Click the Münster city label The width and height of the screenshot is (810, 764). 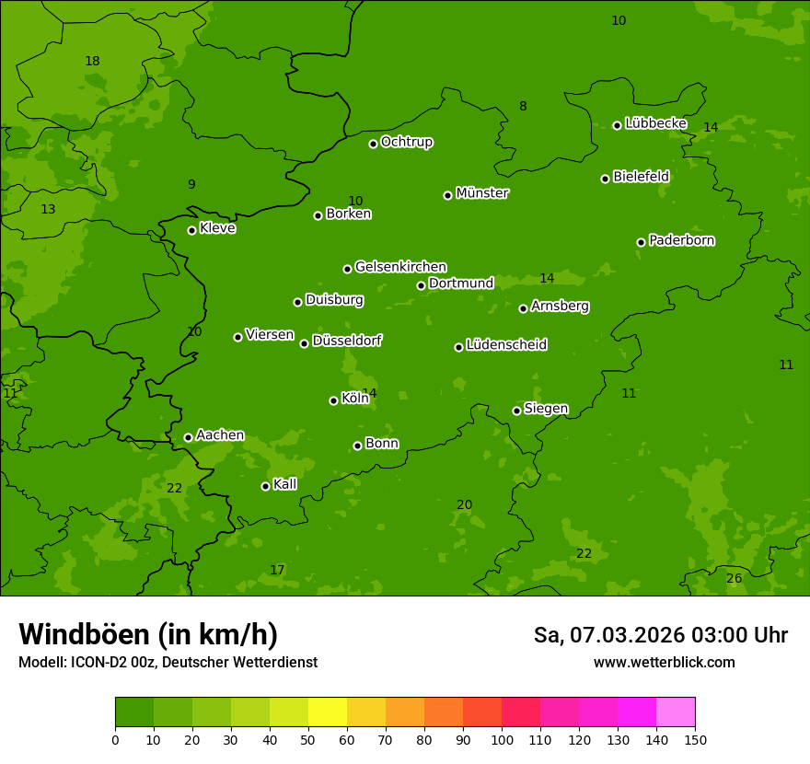click(x=482, y=193)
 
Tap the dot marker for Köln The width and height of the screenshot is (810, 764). click(x=333, y=400)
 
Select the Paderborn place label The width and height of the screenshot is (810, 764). click(x=682, y=240)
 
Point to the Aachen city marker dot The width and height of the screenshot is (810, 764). click(x=188, y=437)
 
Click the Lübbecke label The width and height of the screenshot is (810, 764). click(x=655, y=123)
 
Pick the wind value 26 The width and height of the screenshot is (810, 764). click(x=734, y=578)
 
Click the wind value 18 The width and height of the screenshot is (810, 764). click(x=92, y=62)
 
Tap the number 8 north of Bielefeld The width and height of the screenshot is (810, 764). click(x=523, y=107)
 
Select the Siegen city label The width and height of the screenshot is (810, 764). click(x=546, y=409)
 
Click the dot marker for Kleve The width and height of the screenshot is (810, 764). click(x=191, y=230)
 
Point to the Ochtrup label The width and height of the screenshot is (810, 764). click(x=407, y=142)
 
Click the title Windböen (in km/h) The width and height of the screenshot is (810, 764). click(x=148, y=634)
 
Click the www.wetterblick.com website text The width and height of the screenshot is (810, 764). click(x=664, y=662)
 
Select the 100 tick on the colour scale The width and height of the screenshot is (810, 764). click(x=502, y=739)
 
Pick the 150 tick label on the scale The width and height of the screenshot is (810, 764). click(x=695, y=739)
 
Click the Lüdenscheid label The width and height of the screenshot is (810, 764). click(x=506, y=345)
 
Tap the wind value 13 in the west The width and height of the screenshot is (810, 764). click(x=48, y=210)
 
